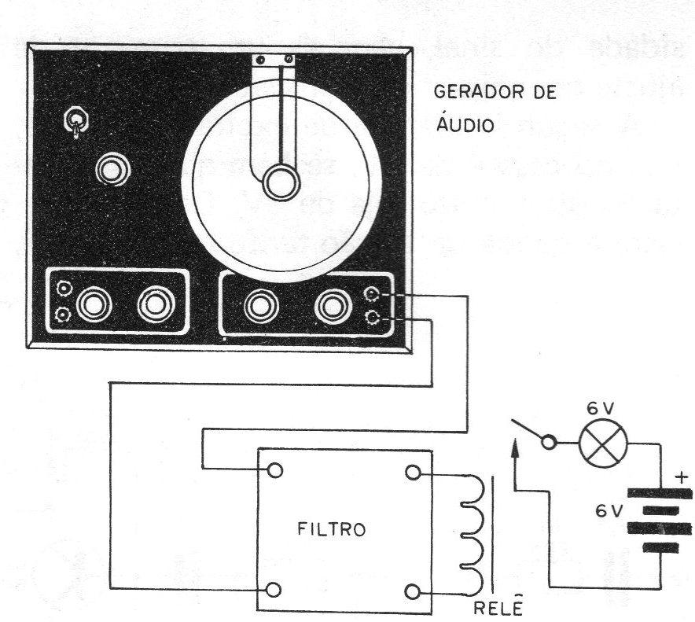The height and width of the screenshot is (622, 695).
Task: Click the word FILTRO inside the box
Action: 332,529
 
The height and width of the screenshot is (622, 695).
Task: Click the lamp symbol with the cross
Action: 604,443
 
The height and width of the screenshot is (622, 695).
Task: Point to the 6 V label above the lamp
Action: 601,408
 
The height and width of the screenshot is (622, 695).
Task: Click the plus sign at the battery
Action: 682,478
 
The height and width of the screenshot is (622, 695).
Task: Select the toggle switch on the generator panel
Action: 76,122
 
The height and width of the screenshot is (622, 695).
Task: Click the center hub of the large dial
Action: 281,182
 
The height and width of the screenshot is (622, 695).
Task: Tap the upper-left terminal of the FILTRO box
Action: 275,470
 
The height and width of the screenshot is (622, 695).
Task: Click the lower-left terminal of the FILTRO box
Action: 274,590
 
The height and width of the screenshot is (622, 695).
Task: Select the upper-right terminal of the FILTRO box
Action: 413,473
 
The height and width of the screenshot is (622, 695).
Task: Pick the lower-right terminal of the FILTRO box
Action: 413,591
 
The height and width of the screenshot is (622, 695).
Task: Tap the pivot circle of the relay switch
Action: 549,443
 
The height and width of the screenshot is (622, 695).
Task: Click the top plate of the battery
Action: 659,493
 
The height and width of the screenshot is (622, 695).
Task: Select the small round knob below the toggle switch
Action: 113,169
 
